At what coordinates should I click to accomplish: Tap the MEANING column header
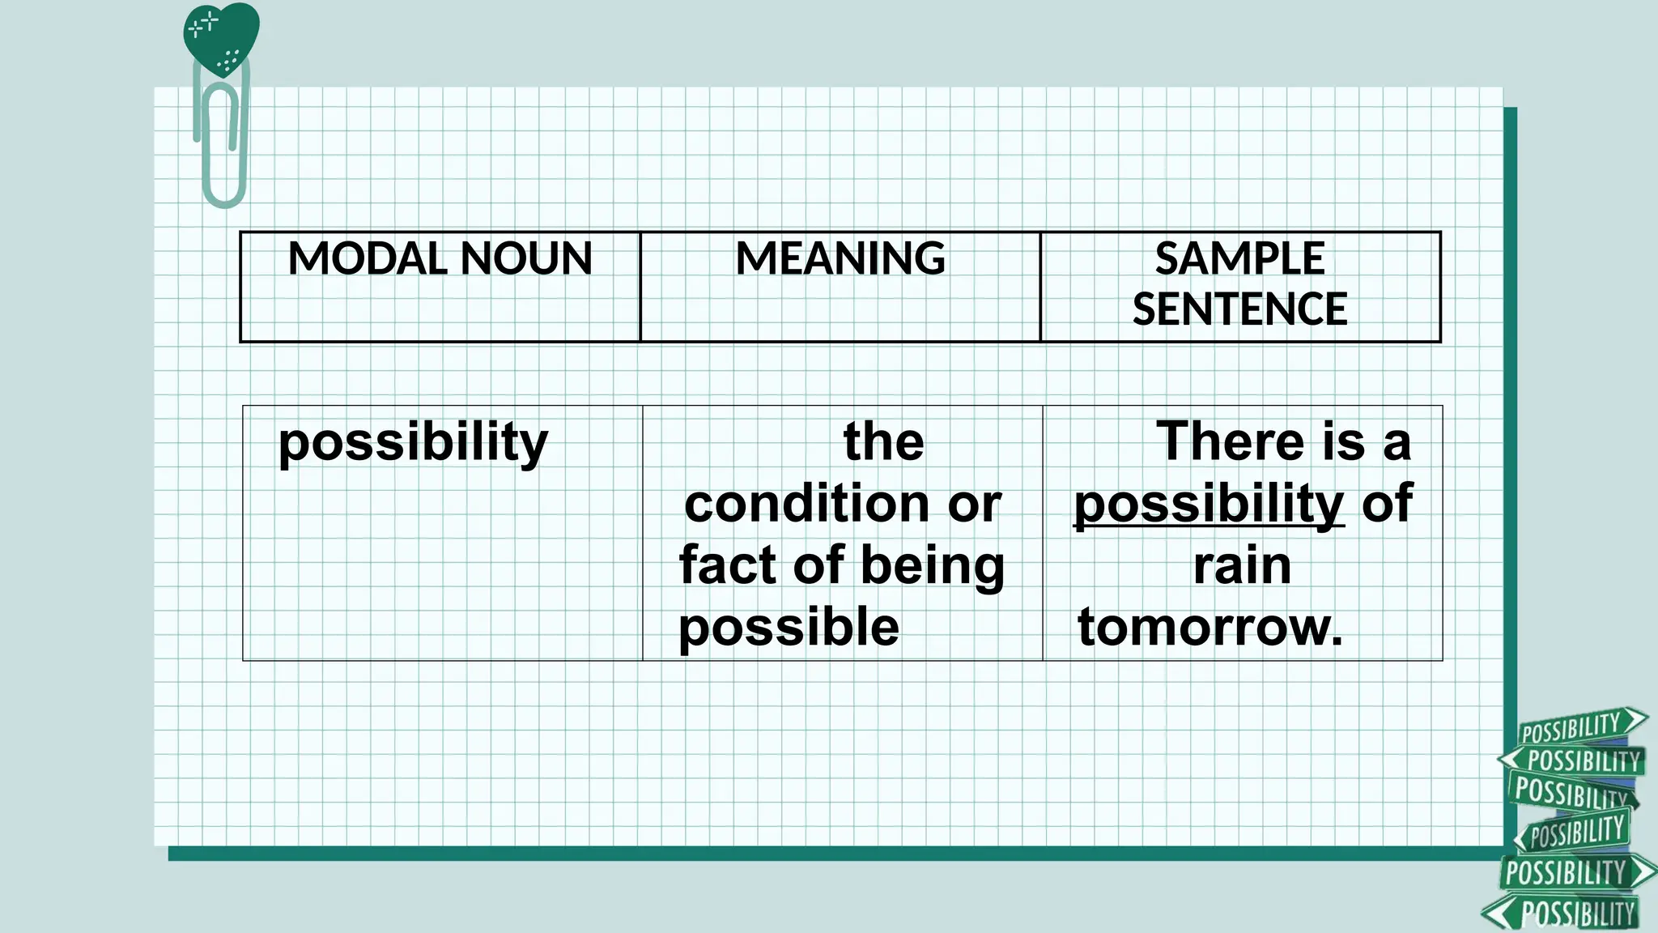click(x=840, y=259)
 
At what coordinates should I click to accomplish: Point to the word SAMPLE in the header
click(x=1239, y=259)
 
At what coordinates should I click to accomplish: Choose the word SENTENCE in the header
click(x=1239, y=309)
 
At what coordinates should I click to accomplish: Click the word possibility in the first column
click(x=413, y=444)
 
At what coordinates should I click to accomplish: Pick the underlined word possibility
click(x=1209, y=505)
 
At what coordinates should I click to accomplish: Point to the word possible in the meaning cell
click(x=789, y=628)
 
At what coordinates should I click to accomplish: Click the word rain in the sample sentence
click(x=1242, y=565)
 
